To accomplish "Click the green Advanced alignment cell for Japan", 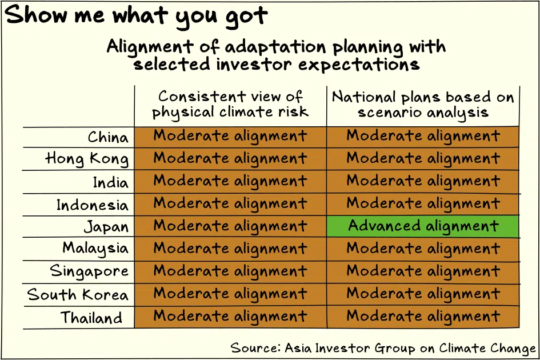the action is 423,226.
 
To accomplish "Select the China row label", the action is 108,137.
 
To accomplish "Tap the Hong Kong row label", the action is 87,159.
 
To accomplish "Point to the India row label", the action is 110,182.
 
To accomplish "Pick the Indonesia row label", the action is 93,205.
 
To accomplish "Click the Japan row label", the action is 106,227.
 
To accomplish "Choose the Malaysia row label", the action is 95,249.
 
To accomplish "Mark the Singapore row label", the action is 89,271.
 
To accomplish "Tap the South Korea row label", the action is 78,294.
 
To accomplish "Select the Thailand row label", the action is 91,317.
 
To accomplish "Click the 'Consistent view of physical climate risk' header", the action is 230,105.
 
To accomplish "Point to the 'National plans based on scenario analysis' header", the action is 423,105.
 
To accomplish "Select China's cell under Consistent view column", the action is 230,137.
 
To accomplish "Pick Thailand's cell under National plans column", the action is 423,317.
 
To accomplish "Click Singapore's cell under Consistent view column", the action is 230,272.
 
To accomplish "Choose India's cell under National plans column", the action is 423,182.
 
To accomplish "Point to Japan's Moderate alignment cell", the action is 230,226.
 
